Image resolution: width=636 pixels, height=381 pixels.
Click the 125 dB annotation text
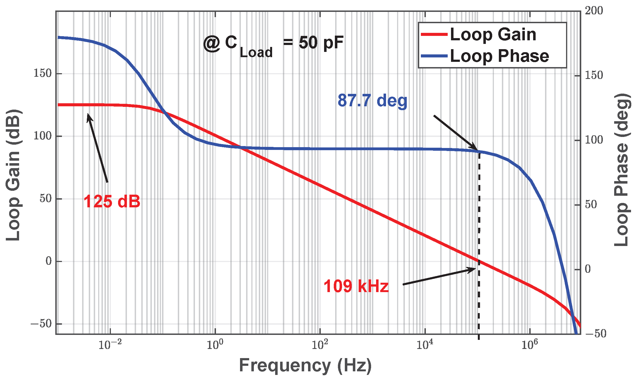(112, 202)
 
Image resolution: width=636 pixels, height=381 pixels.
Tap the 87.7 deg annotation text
(372, 100)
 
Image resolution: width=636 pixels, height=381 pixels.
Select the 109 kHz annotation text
(356, 286)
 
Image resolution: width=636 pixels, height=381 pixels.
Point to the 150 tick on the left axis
(43, 73)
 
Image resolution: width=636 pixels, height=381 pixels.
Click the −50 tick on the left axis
(41, 324)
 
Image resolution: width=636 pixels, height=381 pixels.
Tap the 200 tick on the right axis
(594, 11)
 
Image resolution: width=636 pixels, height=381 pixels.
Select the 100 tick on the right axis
(594, 140)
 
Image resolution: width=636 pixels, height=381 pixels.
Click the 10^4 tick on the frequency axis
(425, 345)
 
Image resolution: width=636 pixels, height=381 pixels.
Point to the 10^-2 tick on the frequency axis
(110, 345)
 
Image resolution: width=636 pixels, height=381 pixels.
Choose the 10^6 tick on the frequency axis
(530, 345)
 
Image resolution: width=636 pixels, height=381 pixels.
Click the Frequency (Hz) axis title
(305, 366)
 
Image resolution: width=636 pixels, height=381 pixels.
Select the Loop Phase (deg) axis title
(622, 170)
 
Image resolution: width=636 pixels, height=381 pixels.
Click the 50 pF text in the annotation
(321, 43)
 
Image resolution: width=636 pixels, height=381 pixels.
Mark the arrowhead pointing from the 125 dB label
(89, 116)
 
